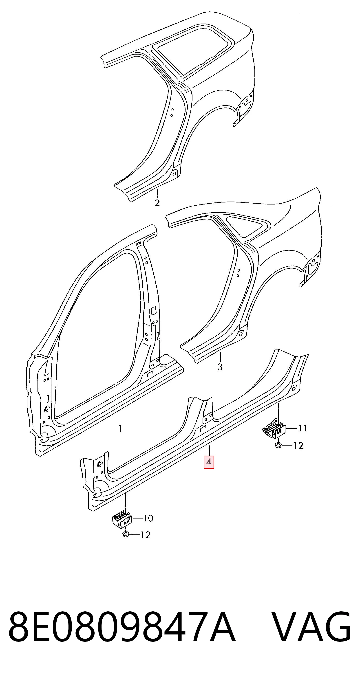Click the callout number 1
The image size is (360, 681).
pos(120,428)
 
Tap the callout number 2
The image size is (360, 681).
pos(157,203)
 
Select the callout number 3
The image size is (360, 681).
pos(220,367)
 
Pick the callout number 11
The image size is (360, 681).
pos(303,428)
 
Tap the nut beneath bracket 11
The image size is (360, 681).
pos(278,446)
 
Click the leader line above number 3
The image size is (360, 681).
pos(220,357)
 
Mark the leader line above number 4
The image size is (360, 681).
pos(209,450)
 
